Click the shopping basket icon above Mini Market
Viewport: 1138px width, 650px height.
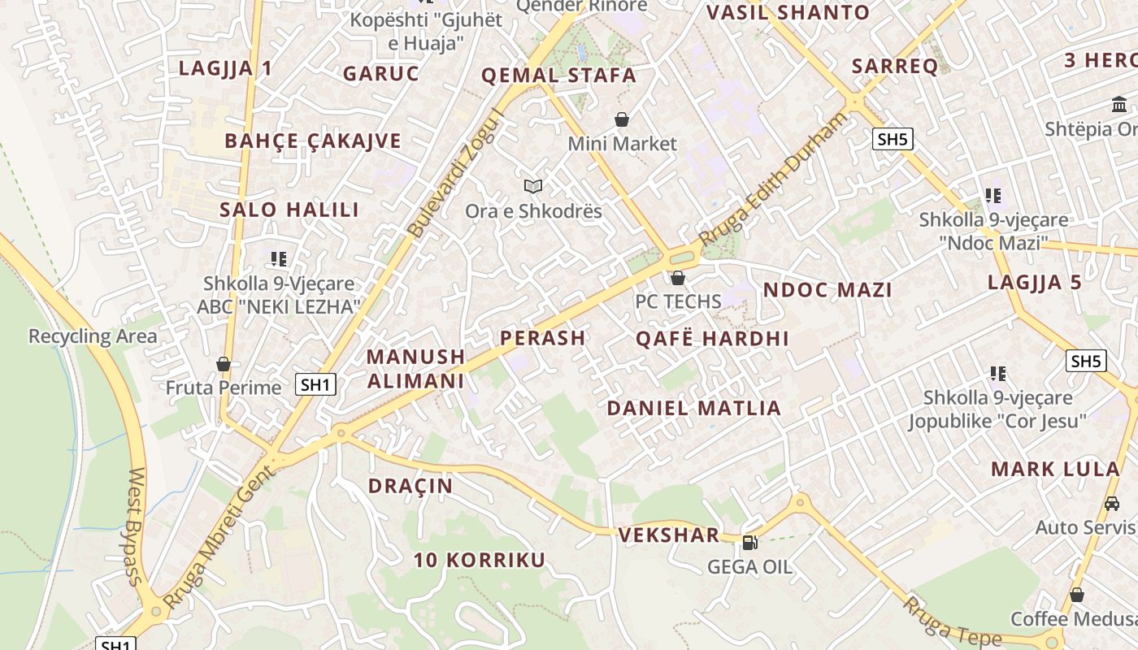622,120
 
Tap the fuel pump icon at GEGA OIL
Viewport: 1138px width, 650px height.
749,542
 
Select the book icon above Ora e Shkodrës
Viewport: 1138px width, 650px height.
533,187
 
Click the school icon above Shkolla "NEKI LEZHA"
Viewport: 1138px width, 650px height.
279,259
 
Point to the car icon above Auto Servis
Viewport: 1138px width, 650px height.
1112,504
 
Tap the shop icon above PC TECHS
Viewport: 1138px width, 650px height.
678,278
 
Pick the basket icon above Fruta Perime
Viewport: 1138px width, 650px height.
224,363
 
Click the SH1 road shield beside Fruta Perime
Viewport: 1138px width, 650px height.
315,384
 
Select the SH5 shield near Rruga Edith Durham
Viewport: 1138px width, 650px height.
893,139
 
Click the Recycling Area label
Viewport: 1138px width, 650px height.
93,336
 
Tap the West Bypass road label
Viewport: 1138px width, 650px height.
136,526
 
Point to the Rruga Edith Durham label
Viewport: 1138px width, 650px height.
771,180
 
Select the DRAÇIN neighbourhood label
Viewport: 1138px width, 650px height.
410,486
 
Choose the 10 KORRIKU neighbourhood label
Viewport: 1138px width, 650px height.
479,560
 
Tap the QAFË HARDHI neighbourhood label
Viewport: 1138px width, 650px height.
712,339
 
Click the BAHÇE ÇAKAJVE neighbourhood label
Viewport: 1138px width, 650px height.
313,141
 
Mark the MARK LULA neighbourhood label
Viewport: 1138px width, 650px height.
1055,469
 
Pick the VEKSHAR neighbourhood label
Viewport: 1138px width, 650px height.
669,535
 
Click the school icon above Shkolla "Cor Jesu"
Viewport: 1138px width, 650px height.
998,374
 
